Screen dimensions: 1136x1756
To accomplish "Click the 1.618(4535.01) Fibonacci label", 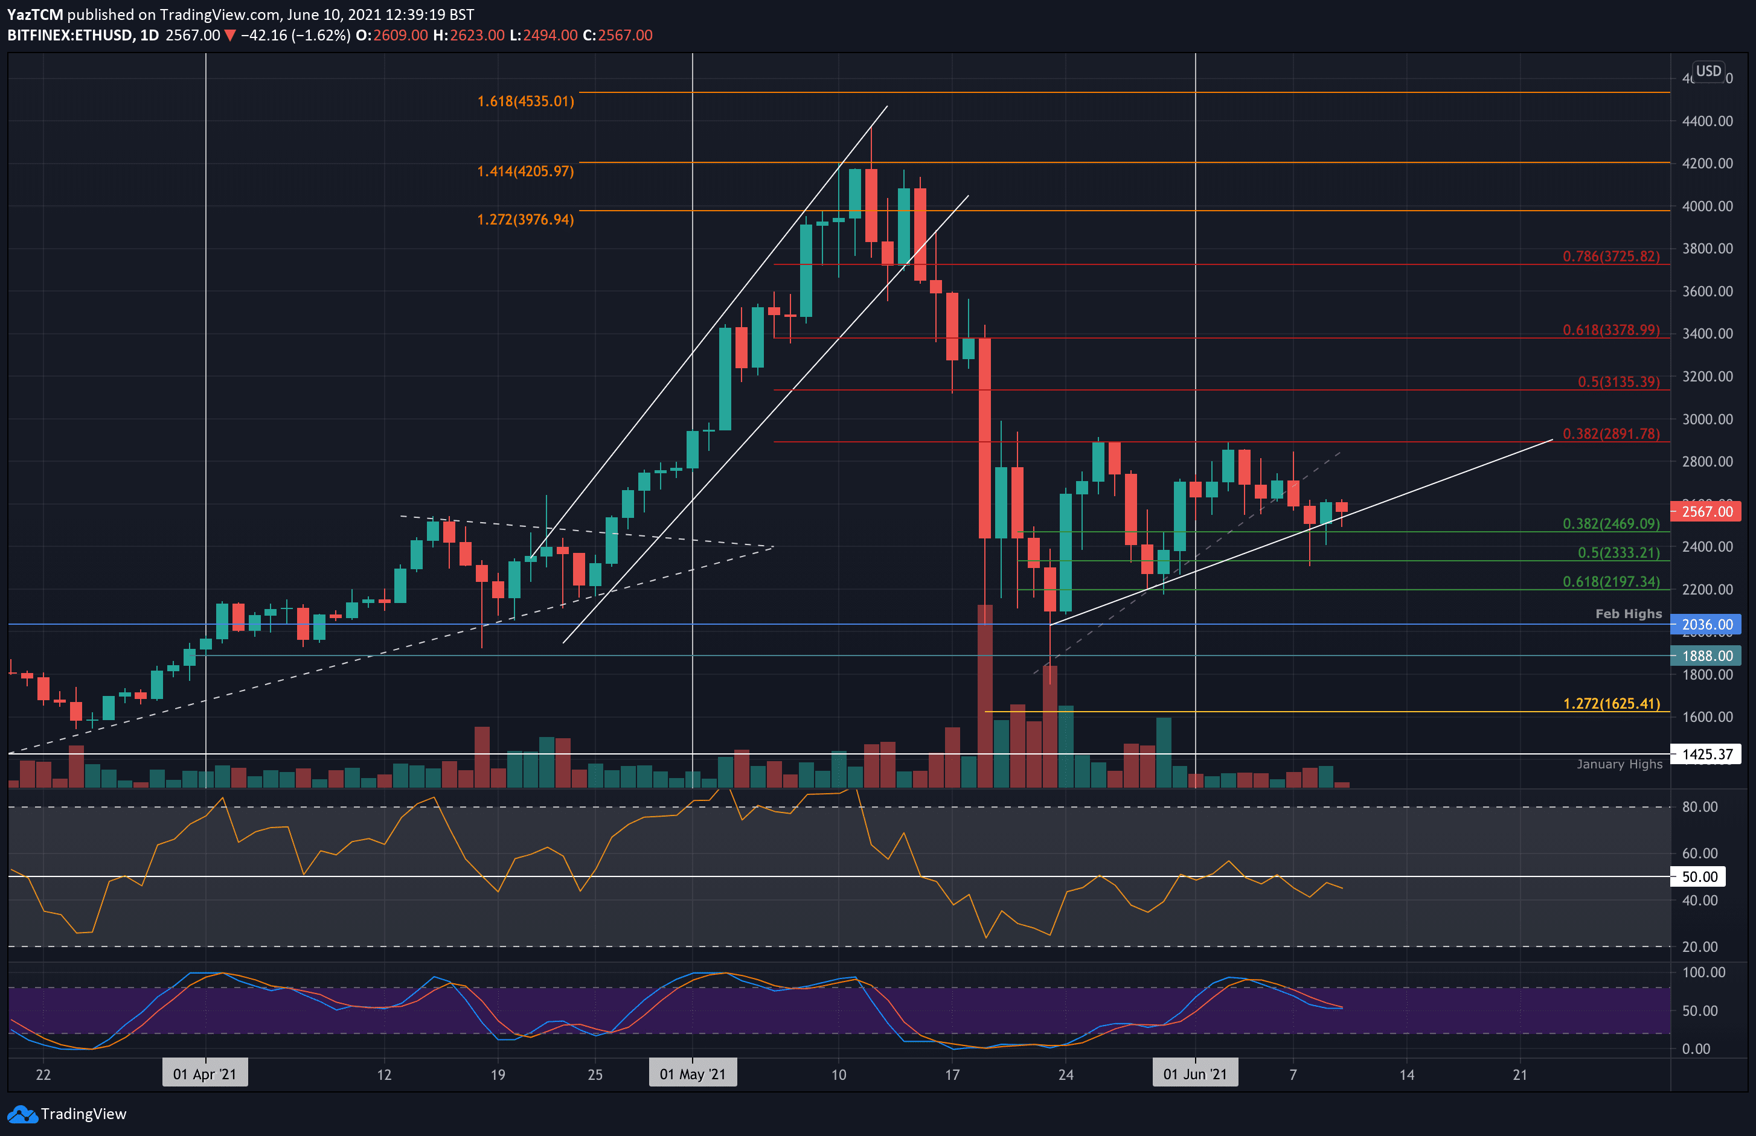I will point(525,101).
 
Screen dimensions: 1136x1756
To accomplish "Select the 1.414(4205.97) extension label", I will point(525,171).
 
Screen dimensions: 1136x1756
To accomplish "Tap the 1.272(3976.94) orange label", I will point(525,219).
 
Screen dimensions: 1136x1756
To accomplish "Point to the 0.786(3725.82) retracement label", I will point(1610,256).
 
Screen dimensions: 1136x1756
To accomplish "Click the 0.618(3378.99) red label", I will point(1610,330).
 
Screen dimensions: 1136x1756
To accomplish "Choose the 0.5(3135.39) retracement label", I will point(1618,381).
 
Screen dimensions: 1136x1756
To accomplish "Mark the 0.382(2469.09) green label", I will point(1610,523).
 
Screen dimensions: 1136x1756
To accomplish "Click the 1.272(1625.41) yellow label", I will point(1610,703).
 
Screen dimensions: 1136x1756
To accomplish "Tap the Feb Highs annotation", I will point(1629,614).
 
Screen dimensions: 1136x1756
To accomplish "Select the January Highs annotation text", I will point(1620,764).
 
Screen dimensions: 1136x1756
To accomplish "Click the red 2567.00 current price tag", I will point(1706,511).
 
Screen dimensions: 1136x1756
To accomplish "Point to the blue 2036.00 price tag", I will point(1706,624).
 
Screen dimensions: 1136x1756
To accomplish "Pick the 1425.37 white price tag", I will point(1706,754).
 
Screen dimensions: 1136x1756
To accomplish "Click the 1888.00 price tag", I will point(1706,655).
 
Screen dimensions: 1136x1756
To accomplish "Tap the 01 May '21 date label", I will point(692,1074).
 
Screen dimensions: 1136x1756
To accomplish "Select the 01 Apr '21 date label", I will point(204,1074).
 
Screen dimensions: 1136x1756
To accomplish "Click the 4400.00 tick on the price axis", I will point(1706,121).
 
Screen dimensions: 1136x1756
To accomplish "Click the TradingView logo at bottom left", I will point(67,1114).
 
